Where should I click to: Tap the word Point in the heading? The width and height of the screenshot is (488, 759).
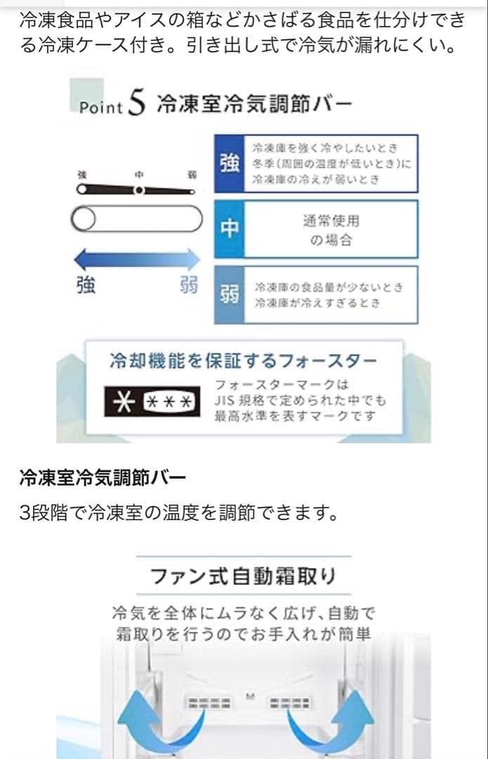pyautogui.click(x=101, y=108)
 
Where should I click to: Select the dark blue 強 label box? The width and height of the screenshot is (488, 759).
pyautogui.click(x=229, y=164)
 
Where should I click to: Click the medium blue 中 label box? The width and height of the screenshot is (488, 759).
pyautogui.click(x=229, y=229)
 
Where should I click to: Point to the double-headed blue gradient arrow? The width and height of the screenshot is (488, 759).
pyautogui.click(x=137, y=261)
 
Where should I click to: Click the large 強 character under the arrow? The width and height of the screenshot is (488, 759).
pyautogui.click(x=86, y=286)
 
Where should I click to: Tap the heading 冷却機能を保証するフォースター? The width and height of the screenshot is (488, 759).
pyautogui.click(x=244, y=362)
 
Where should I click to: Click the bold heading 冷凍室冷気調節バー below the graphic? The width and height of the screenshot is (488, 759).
pyautogui.click(x=103, y=479)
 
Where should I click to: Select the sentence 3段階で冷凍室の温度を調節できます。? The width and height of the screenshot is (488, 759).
pyautogui.click(x=179, y=513)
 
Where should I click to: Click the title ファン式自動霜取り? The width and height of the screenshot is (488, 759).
pyautogui.click(x=243, y=578)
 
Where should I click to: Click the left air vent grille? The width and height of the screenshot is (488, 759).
pyautogui.click(x=206, y=703)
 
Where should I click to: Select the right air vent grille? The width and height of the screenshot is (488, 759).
pyautogui.click(x=291, y=703)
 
